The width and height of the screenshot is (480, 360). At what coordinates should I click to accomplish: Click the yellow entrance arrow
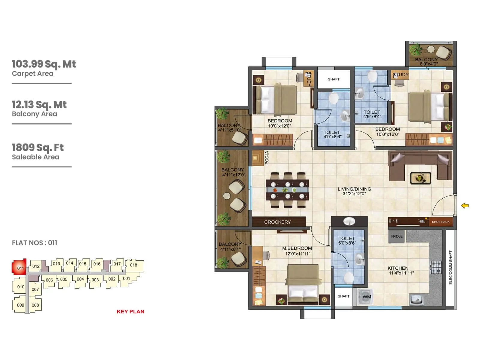tap(465, 205)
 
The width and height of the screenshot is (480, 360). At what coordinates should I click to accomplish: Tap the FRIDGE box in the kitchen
tap(397, 236)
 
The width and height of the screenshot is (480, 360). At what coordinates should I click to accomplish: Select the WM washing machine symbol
tap(366, 297)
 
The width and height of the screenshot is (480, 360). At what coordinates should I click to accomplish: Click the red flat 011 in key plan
tap(19, 267)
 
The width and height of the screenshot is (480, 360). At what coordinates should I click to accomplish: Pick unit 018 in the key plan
tap(134, 265)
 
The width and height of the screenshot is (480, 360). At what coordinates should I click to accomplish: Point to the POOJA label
tap(267, 158)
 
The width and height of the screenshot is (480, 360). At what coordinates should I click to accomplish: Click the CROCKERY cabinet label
tap(277, 222)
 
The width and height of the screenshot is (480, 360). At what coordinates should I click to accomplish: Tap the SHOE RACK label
tap(440, 222)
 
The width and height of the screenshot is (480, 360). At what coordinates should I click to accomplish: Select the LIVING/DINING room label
tap(354, 189)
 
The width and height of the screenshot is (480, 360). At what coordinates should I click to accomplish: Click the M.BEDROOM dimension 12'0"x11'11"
tap(297, 254)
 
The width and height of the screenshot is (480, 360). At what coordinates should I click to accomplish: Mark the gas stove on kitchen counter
tap(436, 267)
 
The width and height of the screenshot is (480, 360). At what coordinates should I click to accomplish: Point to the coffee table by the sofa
tap(420, 178)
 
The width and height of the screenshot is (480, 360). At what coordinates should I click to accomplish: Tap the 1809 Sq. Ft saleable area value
tap(38, 148)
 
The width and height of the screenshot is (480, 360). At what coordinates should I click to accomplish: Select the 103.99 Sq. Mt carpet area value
tap(44, 64)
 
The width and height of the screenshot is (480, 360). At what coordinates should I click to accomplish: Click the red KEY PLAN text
tap(130, 311)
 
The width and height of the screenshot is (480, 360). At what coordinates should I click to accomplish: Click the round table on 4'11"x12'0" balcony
tap(227, 196)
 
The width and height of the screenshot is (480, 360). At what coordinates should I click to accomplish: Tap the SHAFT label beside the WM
tap(343, 296)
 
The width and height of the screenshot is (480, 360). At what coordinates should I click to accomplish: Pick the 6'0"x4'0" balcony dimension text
tap(428, 64)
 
